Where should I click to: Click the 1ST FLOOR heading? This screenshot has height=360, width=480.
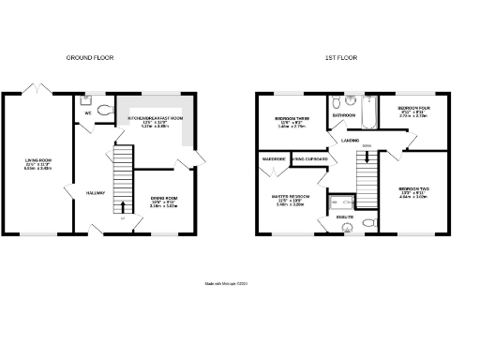click(x=340, y=58)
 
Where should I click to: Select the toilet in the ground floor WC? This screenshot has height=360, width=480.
click(x=104, y=110)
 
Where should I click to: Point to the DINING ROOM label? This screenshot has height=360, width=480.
click(x=163, y=198)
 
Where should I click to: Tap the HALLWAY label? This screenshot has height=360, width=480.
click(x=95, y=192)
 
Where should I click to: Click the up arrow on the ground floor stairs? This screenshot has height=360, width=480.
click(x=123, y=206)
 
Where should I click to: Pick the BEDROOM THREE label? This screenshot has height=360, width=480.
click(x=289, y=119)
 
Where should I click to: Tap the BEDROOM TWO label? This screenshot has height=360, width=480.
click(x=412, y=193)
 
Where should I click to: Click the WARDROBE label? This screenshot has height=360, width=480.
click(x=273, y=159)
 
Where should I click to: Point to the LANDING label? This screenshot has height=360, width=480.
click(x=352, y=141)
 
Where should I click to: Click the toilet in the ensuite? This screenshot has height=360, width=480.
click(x=368, y=223)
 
